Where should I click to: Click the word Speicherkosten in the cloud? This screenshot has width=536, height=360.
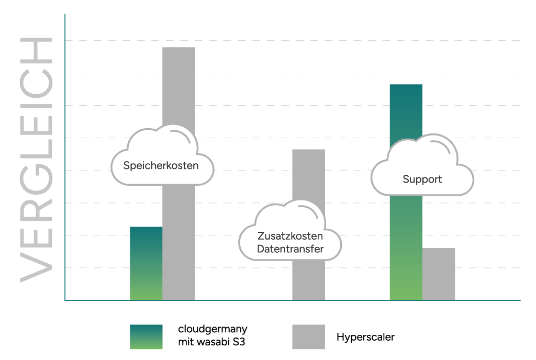point(161,166)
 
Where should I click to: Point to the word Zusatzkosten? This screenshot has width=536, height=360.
point(290,237)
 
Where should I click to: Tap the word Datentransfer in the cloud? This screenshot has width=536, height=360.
point(290,249)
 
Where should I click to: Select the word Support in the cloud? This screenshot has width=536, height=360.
point(422,179)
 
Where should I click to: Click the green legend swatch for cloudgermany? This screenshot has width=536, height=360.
point(146,336)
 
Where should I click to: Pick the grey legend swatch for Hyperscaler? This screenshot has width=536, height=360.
point(308,336)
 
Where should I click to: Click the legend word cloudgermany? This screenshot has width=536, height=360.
point(213,330)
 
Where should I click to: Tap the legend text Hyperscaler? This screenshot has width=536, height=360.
point(365,337)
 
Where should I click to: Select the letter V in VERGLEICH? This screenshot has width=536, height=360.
point(37,266)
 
